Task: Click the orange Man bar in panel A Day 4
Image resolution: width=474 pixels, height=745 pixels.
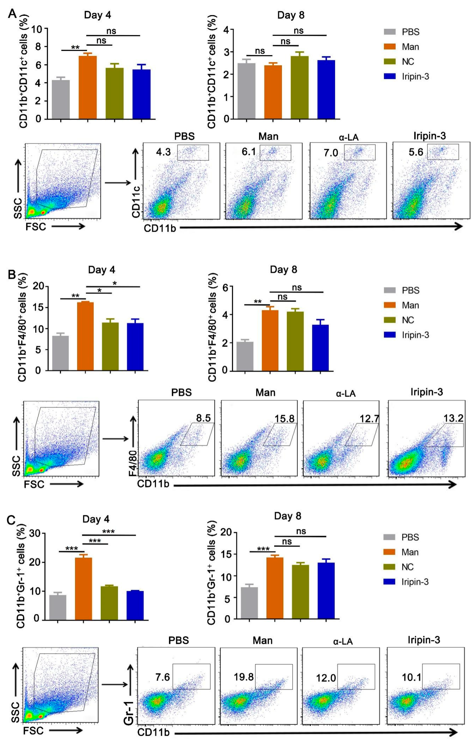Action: [x=88, y=87]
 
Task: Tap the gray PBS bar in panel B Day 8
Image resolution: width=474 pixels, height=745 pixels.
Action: [x=245, y=356]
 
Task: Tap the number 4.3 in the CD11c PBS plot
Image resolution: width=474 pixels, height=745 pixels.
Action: [x=163, y=152]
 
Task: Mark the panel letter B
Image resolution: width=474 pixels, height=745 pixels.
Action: [x=12, y=274]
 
